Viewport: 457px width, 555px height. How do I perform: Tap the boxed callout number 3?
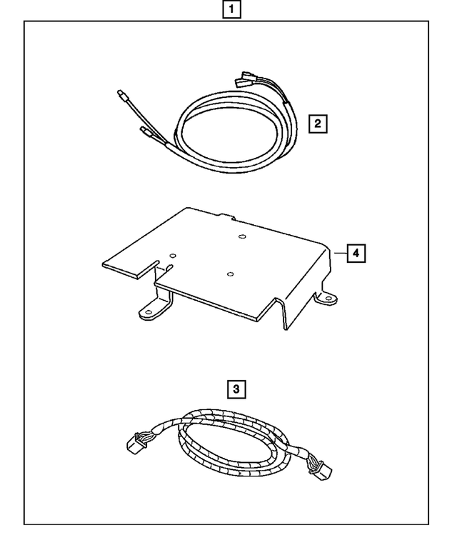coord(236,389)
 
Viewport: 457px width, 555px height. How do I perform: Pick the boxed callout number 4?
coord(356,252)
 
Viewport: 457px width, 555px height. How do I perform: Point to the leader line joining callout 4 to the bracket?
coord(340,252)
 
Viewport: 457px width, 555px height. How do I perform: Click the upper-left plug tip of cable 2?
coord(120,93)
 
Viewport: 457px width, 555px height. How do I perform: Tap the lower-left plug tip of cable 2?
coord(142,131)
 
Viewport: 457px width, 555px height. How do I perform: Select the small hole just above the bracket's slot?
coord(172,254)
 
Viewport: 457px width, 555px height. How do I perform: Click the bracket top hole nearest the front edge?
coord(229,273)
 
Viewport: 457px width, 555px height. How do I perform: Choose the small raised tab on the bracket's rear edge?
coord(228,216)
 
